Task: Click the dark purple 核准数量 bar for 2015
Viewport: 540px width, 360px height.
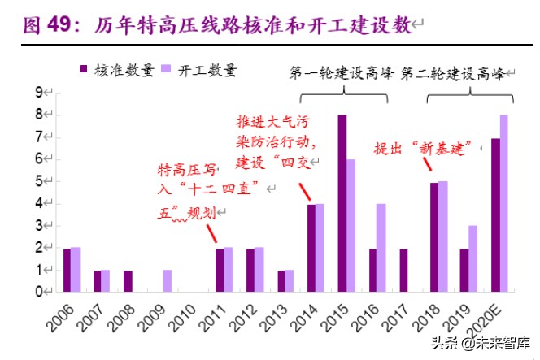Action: [342, 203]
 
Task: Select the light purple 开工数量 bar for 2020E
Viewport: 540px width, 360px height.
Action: [504, 203]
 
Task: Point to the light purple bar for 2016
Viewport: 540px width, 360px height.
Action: [382, 247]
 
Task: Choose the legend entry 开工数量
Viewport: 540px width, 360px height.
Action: [200, 70]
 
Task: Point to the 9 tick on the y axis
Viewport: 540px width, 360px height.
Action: [38, 93]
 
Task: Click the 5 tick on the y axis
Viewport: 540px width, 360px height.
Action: [38, 181]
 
